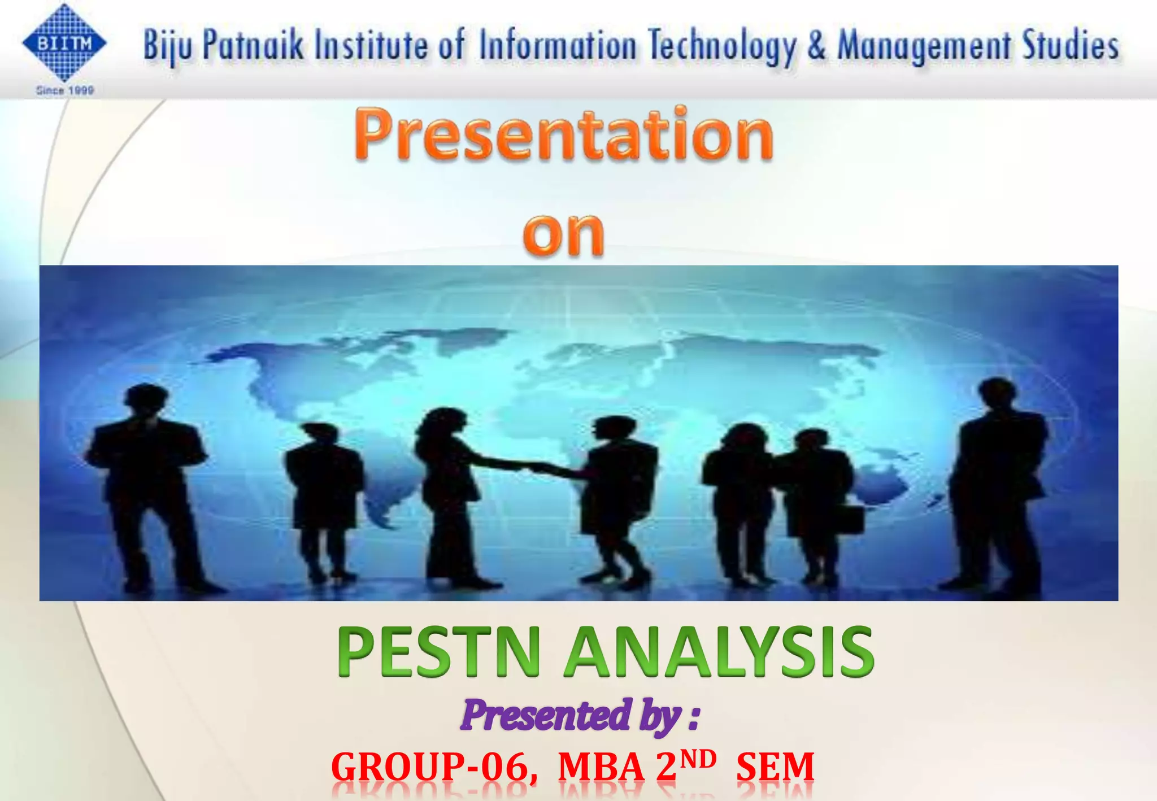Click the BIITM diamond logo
click(x=64, y=43)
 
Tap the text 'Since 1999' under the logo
click(x=65, y=90)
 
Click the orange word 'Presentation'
click(x=564, y=134)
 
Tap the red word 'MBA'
click(x=601, y=767)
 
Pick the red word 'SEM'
click(x=775, y=767)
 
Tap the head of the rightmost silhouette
click(x=998, y=393)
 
